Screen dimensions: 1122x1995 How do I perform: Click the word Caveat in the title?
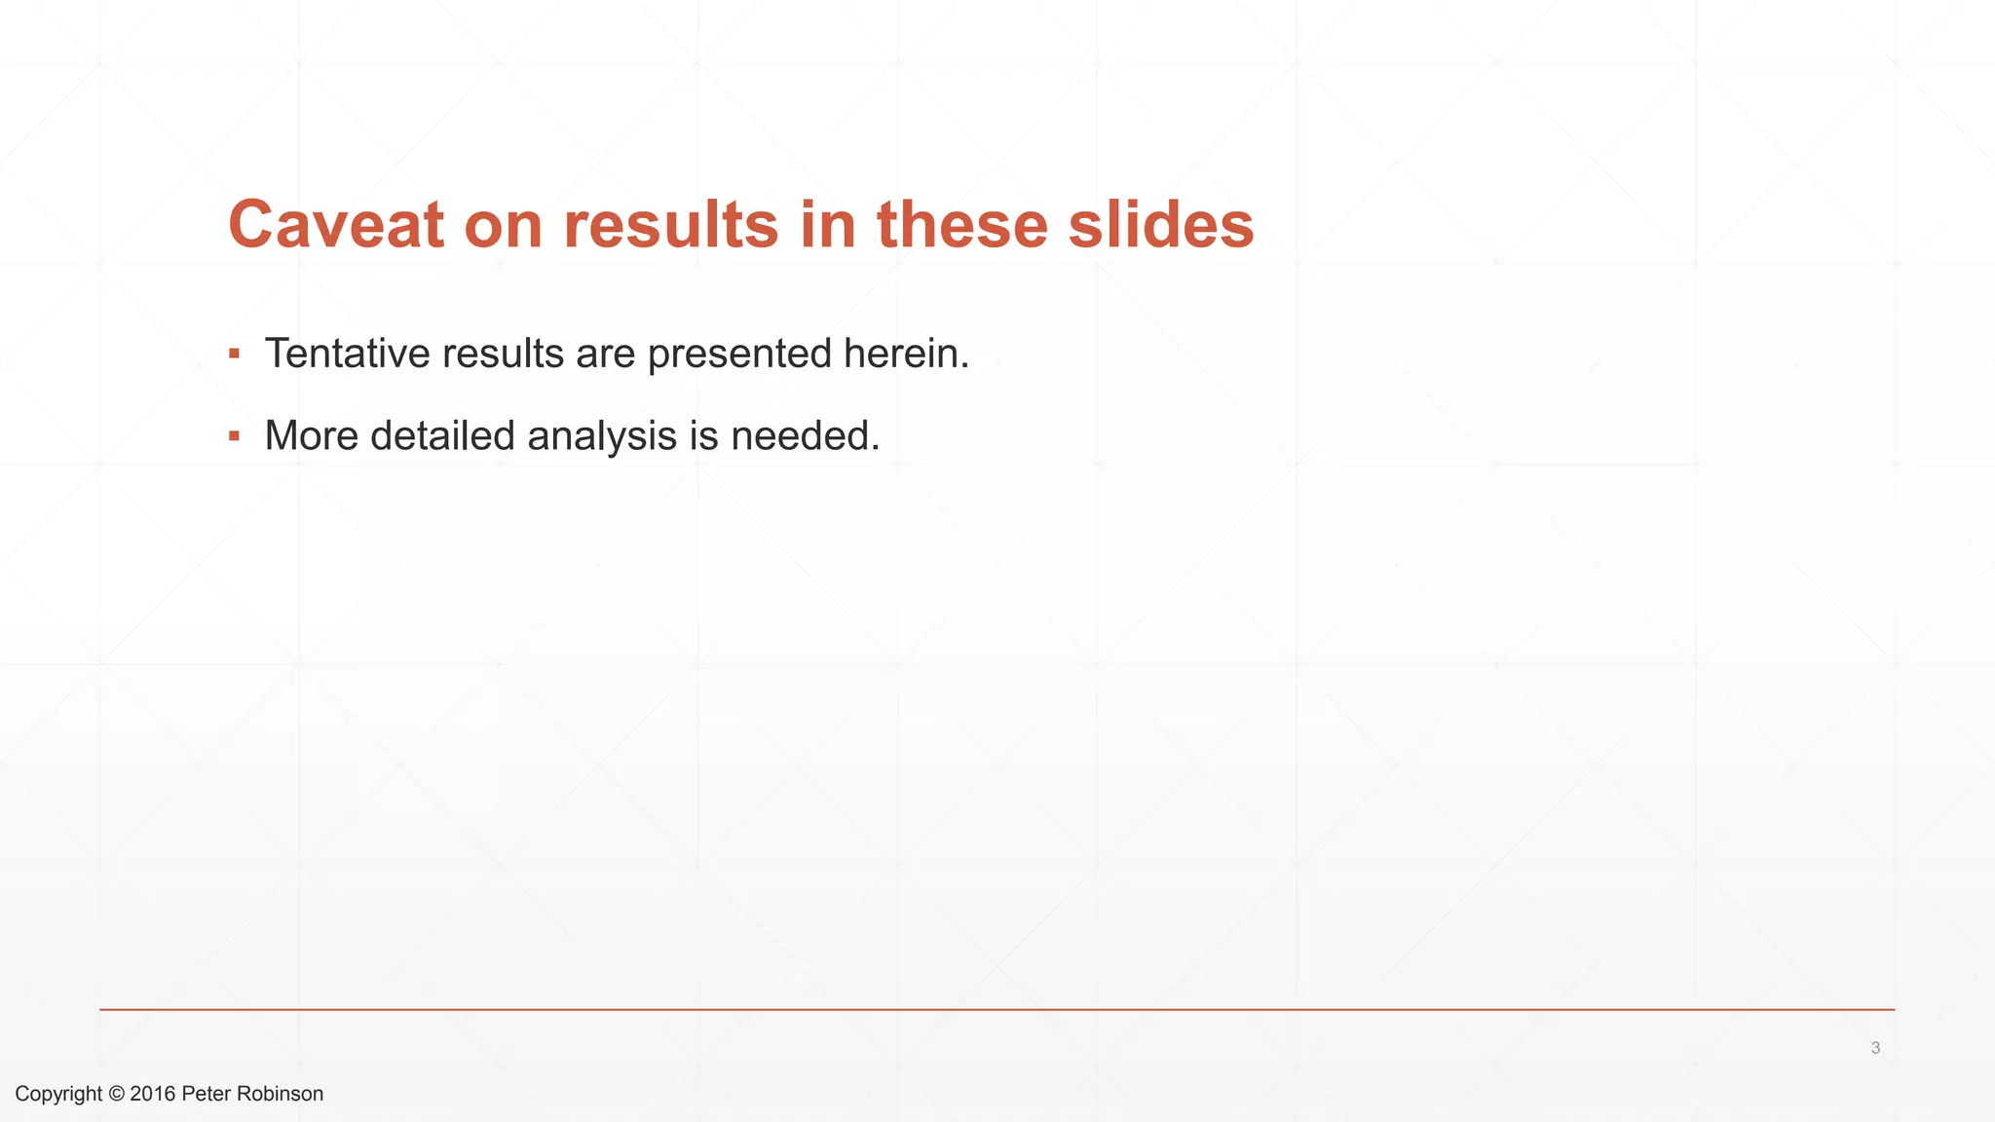pyautogui.click(x=336, y=225)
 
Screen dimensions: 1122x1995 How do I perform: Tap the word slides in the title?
pyautogui.click(x=1160, y=225)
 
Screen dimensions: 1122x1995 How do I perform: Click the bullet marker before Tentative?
pyautogui.click(x=234, y=354)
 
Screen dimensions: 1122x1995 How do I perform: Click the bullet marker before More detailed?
pyautogui.click(x=234, y=436)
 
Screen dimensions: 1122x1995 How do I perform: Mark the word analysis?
pyautogui.click(x=601, y=436)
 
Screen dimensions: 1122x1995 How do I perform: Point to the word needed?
pyautogui.click(x=805, y=436)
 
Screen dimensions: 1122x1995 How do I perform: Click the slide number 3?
pyautogui.click(x=1875, y=1048)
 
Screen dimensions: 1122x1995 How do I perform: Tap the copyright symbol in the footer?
pyautogui.click(x=116, y=1094)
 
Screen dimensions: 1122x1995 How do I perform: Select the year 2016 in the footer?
pyautogui.click(x=152, y=1094)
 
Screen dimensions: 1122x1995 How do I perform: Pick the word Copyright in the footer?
pyautogui.click(x=58, y=1094)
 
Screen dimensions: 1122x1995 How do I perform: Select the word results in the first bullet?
pyautogui.click(x=503, y=354)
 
